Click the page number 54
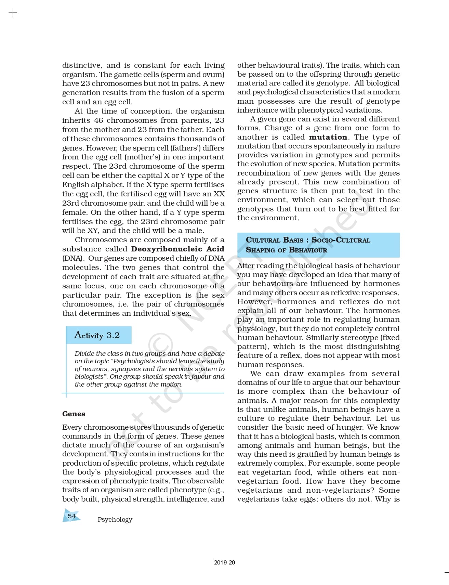click(71, 516)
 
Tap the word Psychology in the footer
click(115, 519)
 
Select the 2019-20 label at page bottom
click(224, 562)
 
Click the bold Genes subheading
click(74, 414)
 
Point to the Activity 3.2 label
click(97, 335)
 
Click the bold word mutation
click(328, 137)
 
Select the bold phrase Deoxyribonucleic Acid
click(177, 249)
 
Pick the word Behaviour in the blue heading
click(308, 250)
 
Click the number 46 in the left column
click(98, 120)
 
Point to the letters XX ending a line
click(219, 194)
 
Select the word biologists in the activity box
click(89, 376)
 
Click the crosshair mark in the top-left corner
click(13, 13)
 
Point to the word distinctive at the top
click(82, 65)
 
